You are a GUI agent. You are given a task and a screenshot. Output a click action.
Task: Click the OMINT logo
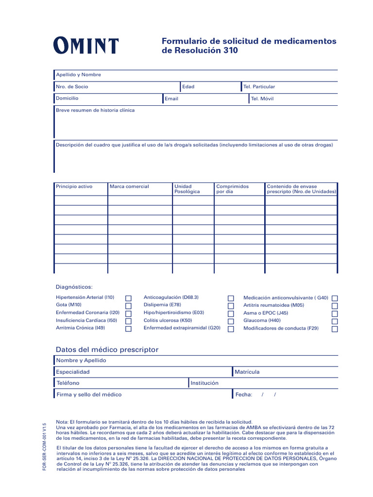click(x=85, y=46)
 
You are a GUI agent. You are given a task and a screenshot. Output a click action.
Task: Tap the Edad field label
click(x=188, y=87)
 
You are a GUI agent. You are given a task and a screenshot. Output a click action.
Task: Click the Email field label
click(x=171, y=99)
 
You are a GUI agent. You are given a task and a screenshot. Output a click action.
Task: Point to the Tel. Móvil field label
click(x=262, y=99)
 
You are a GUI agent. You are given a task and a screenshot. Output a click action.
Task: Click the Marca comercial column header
click(x=129, y=186)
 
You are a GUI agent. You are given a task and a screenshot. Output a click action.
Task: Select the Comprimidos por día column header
click(x=232, y=189)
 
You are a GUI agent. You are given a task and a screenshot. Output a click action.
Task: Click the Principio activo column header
click(x=74, y=186)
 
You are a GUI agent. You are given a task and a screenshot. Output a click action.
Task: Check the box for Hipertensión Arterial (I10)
click(x=128, y=298)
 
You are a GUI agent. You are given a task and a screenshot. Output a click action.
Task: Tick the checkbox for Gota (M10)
click(x=128, y=306)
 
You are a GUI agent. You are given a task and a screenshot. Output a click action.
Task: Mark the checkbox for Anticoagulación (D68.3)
click(x=231, y=298)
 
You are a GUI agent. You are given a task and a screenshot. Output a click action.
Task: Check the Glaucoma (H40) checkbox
click(x=335, y=321)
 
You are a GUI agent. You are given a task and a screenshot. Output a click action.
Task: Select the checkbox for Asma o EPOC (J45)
click(x=335, y=314)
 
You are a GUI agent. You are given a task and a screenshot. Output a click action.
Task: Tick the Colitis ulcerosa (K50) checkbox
click(x=231, y=321)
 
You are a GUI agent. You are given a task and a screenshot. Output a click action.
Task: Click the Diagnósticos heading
click(x=74, y=287)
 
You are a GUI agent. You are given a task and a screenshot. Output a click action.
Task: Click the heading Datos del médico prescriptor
click(x=107, y=349)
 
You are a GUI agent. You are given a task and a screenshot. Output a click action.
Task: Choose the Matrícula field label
click(x=247, y=372)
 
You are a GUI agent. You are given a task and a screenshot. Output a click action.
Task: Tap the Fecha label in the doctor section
click(x=244, y=395)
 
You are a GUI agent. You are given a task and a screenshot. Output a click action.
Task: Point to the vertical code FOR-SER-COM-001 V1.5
click(x=44, y=447)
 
